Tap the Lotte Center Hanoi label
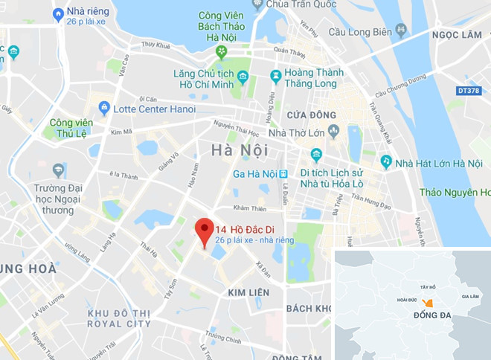click(155, 109)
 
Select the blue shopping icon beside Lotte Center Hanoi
click(103, 109)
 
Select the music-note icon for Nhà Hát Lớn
click(386, 161)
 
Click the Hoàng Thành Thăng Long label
click(318, 78)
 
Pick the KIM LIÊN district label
click(248, 293)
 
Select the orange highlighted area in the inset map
click(427, 302)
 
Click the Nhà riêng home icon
click(58, 13)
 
